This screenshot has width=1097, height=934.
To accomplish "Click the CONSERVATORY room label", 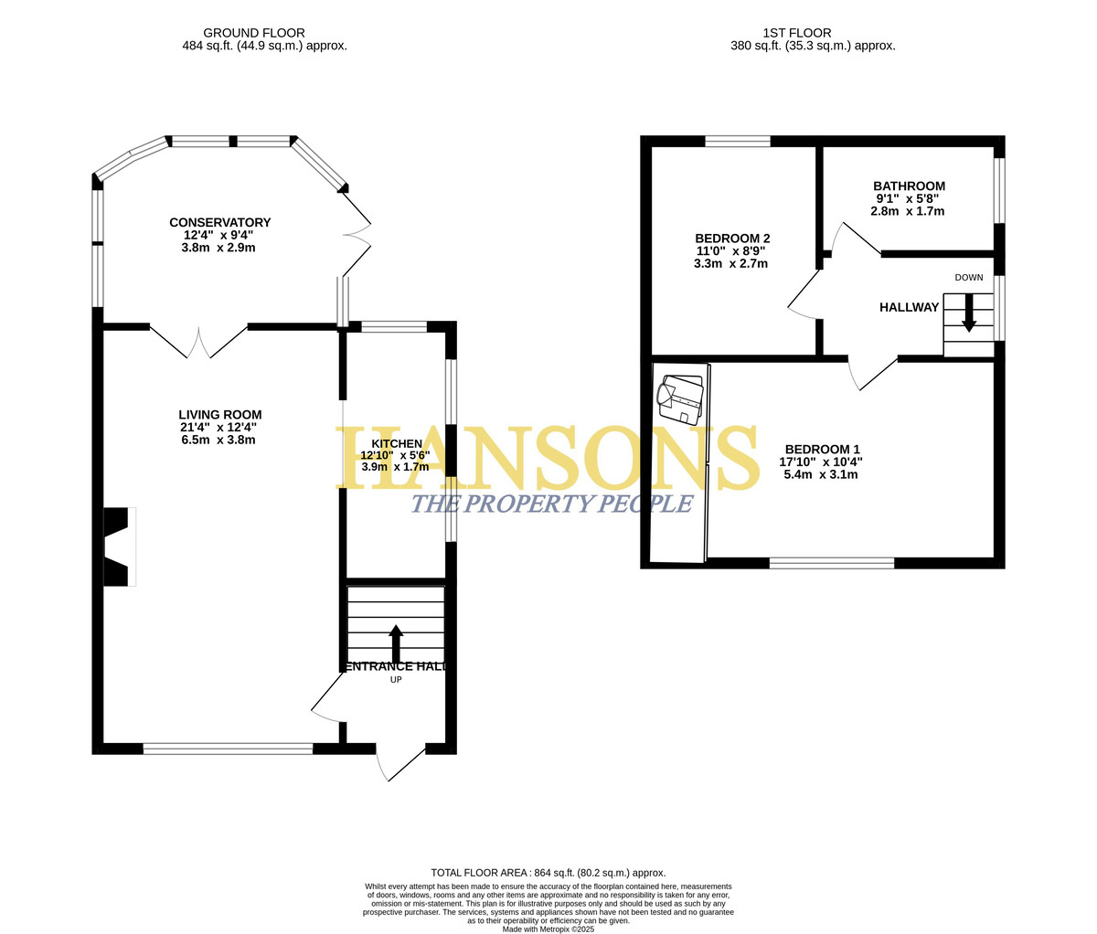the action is point(219,222).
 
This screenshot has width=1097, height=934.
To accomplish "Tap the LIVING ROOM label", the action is point(219,415).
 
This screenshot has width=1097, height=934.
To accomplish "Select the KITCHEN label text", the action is point(397,443).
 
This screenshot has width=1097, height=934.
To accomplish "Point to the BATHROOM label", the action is point(909,186).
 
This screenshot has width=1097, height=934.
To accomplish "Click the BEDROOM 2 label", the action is point(732,239).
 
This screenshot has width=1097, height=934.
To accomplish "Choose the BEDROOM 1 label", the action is point(822,449).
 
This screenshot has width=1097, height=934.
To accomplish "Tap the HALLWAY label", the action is point(909,307).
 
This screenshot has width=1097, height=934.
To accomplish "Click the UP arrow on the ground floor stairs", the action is point(396,644).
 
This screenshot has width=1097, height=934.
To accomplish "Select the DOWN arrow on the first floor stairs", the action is point(969,313).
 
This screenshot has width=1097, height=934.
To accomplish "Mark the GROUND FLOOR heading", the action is point(254,33).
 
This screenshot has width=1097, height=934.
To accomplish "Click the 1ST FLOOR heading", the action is point(797,33).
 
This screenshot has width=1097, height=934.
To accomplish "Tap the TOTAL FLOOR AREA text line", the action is point(548,873).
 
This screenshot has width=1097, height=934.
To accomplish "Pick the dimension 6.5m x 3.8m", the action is point(218,440).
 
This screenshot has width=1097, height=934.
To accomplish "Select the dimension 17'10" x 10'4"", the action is point(821,462).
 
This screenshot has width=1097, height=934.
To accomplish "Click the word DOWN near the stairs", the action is point(969,278).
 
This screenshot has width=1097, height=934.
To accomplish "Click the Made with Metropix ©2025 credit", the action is point(548,929).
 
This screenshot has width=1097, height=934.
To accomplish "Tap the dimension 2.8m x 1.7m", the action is point(907,211).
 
